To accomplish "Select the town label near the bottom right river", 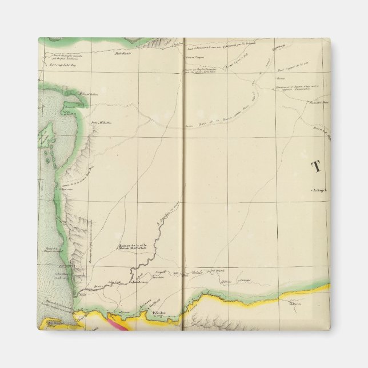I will (310, 305).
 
